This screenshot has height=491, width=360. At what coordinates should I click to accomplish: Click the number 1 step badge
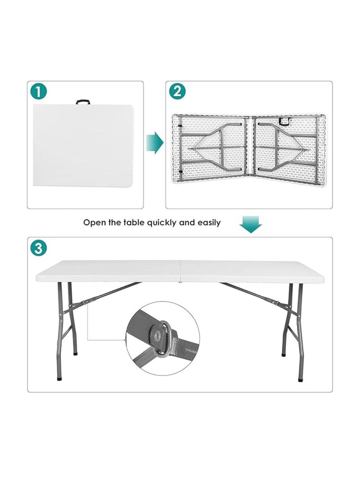(39, 92)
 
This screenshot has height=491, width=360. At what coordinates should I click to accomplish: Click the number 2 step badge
(177, 92)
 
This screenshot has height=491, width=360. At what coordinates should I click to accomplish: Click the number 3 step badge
(39, 248)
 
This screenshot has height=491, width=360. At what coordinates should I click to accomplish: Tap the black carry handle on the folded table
(83, 102)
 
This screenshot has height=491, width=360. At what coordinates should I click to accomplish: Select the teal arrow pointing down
(251, 224)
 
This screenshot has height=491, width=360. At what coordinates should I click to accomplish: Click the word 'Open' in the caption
(94, 222)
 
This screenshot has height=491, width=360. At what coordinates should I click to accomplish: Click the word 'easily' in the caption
(207, 222)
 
